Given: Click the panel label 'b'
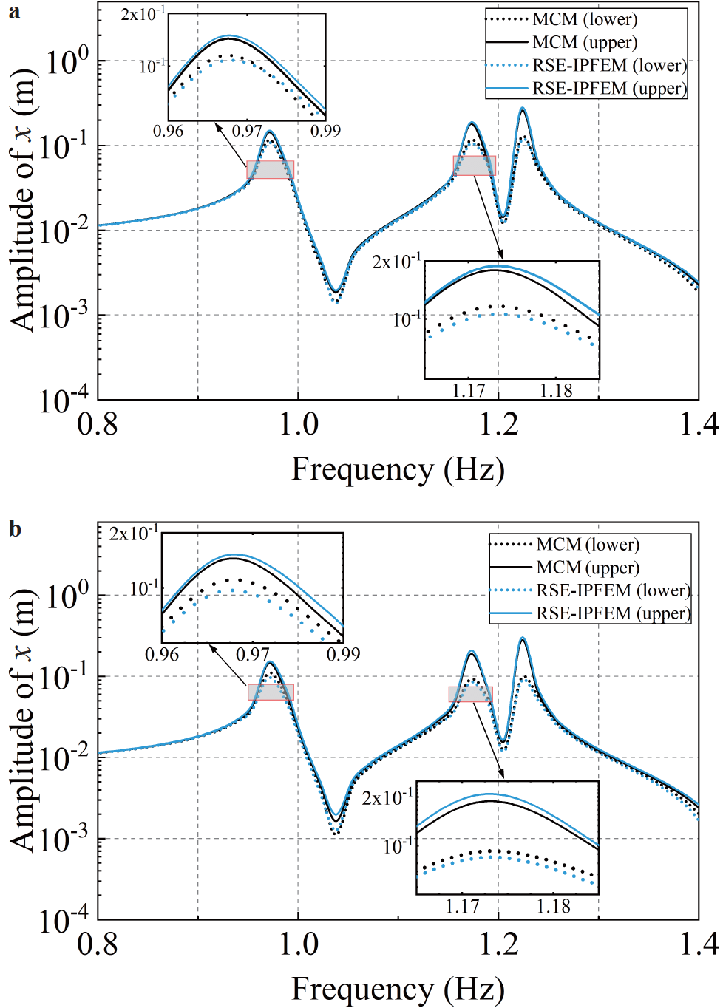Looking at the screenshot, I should (15, 529).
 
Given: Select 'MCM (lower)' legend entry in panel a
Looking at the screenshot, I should (585, 20).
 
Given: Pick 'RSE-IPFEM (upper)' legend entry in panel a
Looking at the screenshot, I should (610, 89).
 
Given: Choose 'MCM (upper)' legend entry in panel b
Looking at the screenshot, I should (588, 568).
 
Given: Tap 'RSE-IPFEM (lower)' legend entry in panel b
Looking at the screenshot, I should (613, 590).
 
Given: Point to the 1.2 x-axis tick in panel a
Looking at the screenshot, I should (498, 424).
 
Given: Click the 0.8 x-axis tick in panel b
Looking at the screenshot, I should (98, 944).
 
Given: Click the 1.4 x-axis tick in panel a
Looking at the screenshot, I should (698, 424).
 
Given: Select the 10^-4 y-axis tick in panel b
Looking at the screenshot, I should (64, 921).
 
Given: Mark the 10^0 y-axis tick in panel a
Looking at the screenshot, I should (67, 61).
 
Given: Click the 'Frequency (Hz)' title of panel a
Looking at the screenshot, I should (398, 469).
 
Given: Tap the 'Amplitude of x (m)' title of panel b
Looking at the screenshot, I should (22, 721).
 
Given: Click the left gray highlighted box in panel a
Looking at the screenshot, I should (271, 170).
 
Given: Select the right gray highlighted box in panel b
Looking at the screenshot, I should (470, 694).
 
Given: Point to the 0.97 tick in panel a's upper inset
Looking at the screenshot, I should (247, 131).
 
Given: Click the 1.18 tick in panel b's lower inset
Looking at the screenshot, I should (553, 906).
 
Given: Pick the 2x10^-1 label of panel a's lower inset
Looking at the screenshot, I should (396, 262).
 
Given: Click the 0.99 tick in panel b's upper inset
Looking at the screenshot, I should (343, 654).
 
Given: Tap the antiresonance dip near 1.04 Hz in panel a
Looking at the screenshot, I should (335, 296).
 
